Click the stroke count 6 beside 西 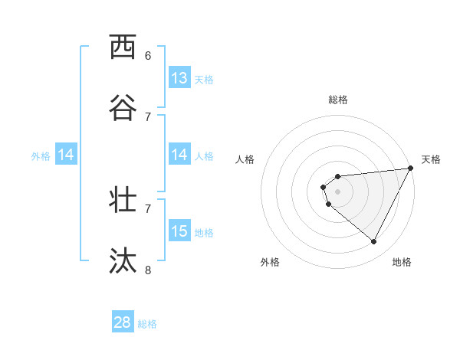click(148, 55)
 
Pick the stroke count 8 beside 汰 click(148, 270)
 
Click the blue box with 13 click(179, 77)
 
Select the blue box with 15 click(179, 231)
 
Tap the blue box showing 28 click(123, 322)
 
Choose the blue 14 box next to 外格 click(66, 155)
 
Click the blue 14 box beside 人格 click(179, 155)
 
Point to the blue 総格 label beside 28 click(147, 324)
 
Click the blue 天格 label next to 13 click(203, 79)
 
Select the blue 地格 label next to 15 click(203, 232)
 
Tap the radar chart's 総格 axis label click(338, 100)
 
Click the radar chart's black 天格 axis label click(431, 159)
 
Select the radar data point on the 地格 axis click(373, 241)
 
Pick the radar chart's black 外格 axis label click(270, 262)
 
